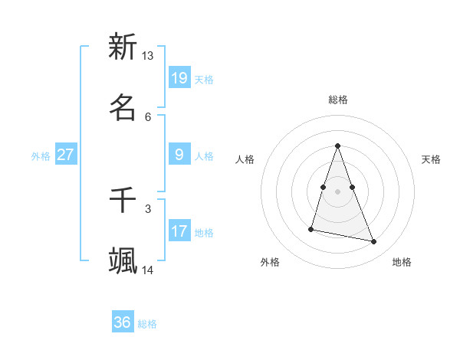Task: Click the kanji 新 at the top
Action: click(x=123, y=47)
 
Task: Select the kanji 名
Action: click(x=123, y=108)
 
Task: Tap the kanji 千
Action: click(x=123, y=200)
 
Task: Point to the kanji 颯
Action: click(x=123, y=261)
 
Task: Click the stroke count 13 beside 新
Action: click(x=148, y=56)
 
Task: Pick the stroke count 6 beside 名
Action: click(x=148, y=116)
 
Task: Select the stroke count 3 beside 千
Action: click(x=148, y=208)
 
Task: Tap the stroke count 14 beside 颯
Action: click(x=148, y=270)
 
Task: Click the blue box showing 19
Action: click(x=179, y=78)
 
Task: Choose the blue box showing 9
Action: click(x=179, y=155)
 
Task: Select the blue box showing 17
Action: click(x=179, y=231)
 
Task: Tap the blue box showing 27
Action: click(x=66, y=155)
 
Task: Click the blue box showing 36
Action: click(x=123, y=322)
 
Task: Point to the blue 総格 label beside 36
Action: click(x=147, y=324)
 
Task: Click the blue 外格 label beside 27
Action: click(x=41, y=156)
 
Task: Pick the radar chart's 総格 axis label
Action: click(x=337, y=100)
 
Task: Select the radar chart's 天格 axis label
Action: click(x=431, y=159)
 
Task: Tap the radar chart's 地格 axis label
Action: click(x=402, y=262)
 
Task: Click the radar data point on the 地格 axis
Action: click(x=374, y=242)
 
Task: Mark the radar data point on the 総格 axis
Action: click(x=337, y=146)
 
